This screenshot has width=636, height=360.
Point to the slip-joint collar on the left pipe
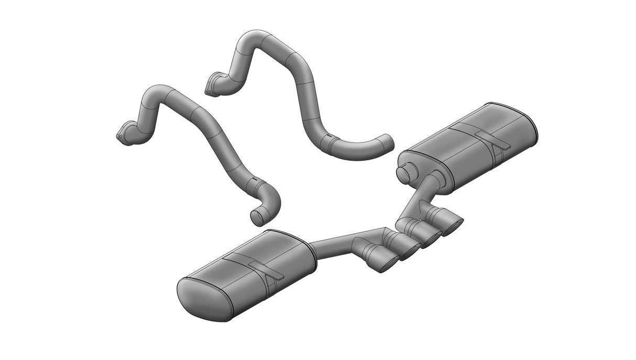pos(255,183)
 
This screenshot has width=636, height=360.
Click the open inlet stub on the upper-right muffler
pos(405,173)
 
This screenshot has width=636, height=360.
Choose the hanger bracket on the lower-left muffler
pos(266,269)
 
